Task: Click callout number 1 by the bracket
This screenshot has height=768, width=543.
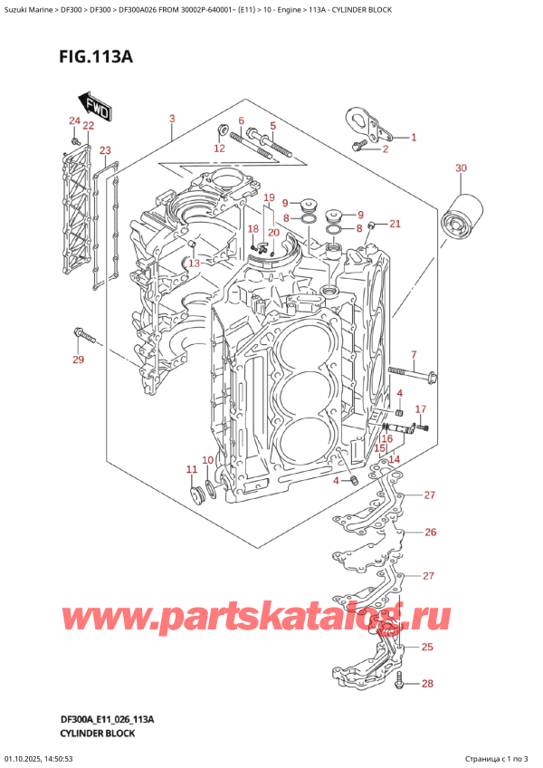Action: pyautogui.click(x=414, y=138)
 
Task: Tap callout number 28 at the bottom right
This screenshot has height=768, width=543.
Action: pyautogui.click(x=429, y=683)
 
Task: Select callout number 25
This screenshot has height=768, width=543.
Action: pyautogui.click(x=428, y=647)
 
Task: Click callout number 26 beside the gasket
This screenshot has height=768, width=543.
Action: pyautogui.click(x=430, y=532)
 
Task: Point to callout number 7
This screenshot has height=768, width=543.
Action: pyautogui.click(x=414, y=354)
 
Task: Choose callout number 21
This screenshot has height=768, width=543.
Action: pyautogui.click(x=395, y=223)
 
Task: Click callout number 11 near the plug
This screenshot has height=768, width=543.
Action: pyautogui.click(x=191, y=468)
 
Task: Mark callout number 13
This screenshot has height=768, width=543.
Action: pyautogui.click(x=193, y=263)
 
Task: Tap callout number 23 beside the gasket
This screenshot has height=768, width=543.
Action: pyautogui.click(x=106, y=150)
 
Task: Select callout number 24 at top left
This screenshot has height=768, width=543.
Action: pyautogui.click(x=73, y=121)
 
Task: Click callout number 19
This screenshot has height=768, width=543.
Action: pyautogui.click(x=269, y=197)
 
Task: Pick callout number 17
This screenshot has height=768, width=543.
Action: pyautogui.click(x=420, y=409)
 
